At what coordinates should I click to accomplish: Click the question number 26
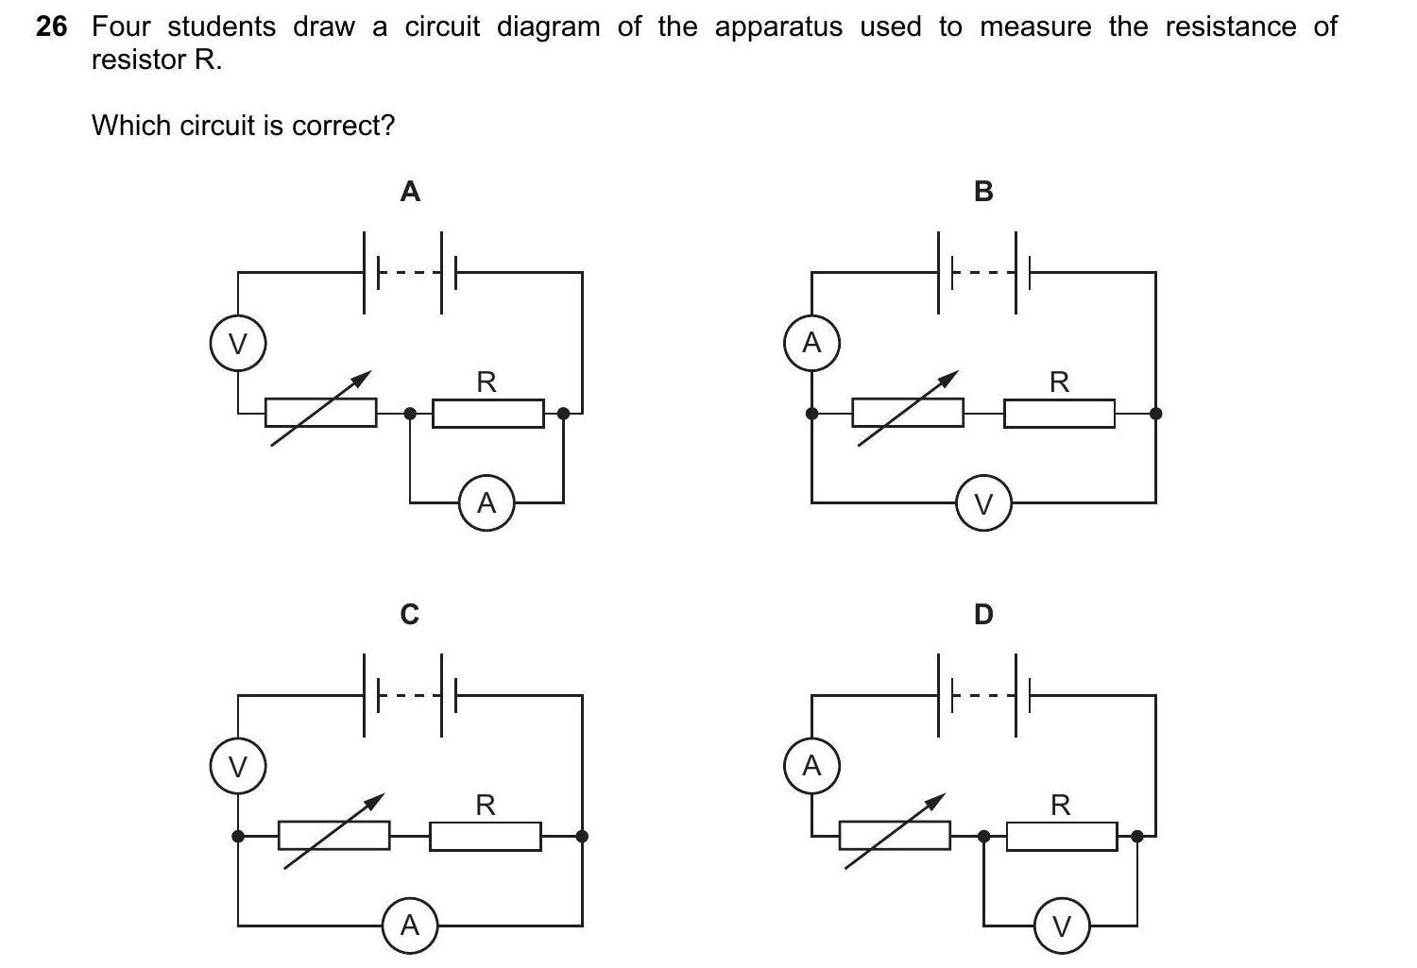pos(51,26)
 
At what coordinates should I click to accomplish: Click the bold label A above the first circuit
pos(410,192)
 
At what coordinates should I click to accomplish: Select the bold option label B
pos(983,192)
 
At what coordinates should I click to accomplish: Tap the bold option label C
pos(409,615)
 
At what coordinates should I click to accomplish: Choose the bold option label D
pos(983,615)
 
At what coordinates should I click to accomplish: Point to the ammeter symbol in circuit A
pos(487,502)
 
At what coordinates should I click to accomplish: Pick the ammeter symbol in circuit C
pos(409,926)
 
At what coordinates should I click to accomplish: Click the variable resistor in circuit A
pos(320,412)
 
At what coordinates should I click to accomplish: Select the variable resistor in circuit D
pos(895,835)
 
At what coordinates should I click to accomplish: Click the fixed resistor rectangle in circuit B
pos(1059,413)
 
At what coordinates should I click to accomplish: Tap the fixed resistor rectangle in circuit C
pos(486,836)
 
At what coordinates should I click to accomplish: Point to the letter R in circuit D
pos(1061,806)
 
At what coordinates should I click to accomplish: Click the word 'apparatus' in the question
pos(778,28)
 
